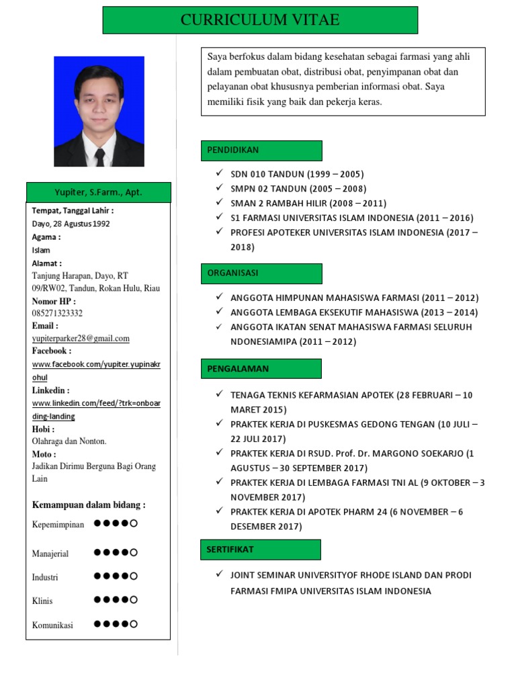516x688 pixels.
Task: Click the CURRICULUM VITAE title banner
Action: [260, 20]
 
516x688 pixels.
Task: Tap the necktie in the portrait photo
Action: [99, 157]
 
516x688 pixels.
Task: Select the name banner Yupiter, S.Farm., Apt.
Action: [98, 193]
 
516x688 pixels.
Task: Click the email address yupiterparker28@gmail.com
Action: [81, 339]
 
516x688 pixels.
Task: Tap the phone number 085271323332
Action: [58, 313]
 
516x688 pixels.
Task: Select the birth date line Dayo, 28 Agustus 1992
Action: [71, 224]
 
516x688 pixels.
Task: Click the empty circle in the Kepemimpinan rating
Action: [134, 523]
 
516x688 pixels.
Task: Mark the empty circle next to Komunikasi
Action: [134, 624]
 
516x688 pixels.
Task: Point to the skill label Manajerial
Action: [50, 554]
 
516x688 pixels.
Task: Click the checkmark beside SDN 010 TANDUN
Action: [219, 173]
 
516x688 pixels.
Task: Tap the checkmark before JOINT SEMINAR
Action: [219, 574]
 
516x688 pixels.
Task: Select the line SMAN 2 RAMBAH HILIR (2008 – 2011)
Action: [308, 204]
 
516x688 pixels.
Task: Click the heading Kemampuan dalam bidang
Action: [89, 505]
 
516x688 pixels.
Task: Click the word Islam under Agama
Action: [41, 250]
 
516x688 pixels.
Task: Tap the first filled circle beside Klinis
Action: [98, 599]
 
